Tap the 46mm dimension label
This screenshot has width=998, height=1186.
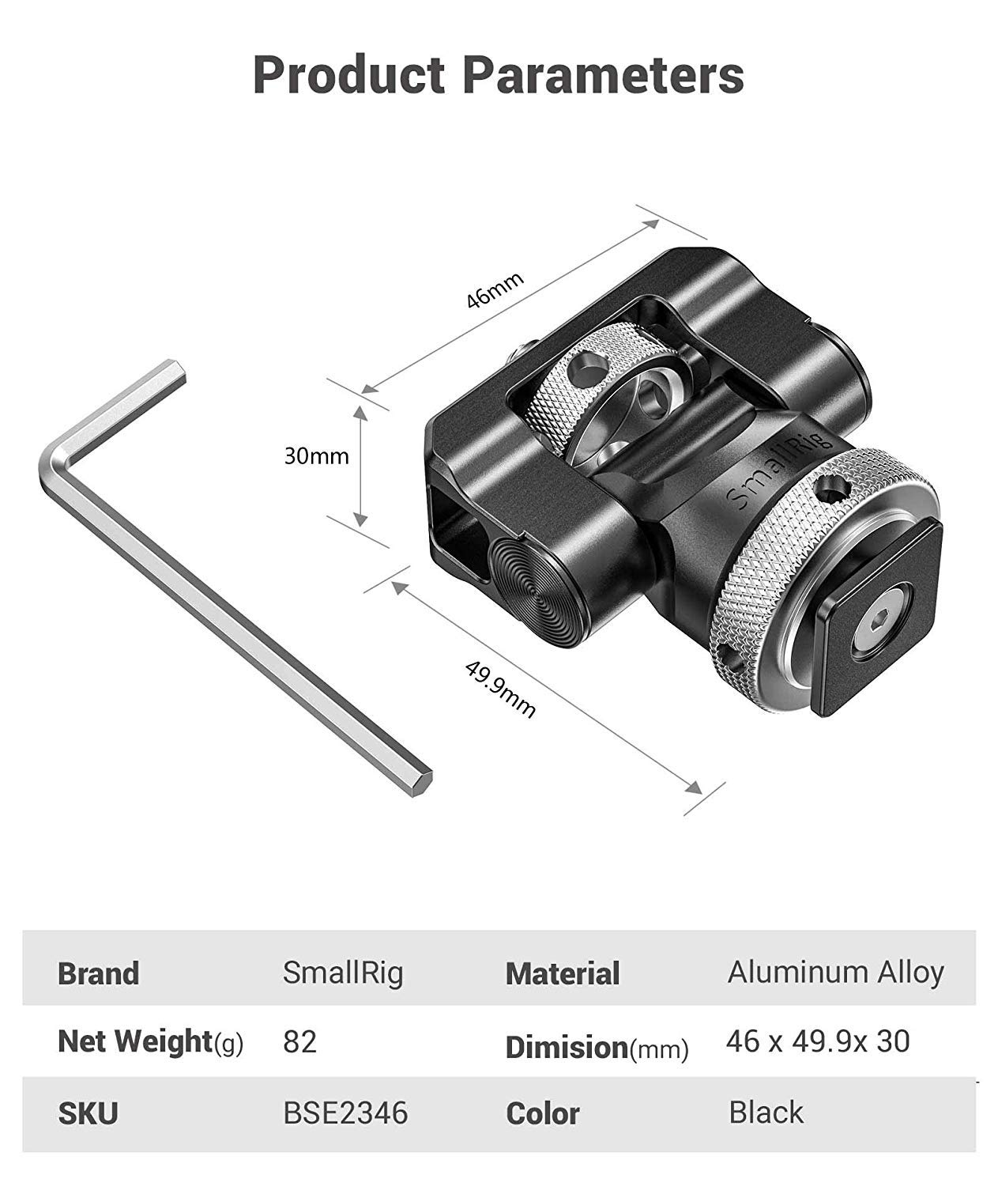495,290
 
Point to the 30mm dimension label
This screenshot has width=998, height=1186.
316,456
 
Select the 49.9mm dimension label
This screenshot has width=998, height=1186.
500,689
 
